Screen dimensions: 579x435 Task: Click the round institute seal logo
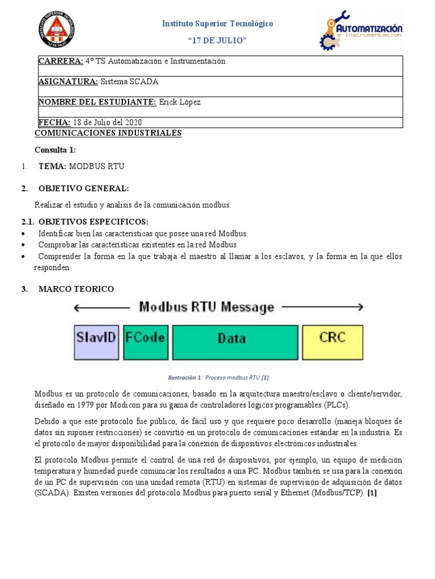pos(57,29)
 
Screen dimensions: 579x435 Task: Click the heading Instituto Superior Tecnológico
pos(217,24)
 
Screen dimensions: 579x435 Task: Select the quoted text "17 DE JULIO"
pos(217,41)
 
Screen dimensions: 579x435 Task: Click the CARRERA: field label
pos(61,61)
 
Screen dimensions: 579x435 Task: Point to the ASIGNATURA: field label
pos(68,81)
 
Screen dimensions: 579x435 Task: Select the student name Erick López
pos(180,102)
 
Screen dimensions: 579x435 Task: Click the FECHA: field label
pos(54,122)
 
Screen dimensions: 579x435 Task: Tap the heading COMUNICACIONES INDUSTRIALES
pos(108,133)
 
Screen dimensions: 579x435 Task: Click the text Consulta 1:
pos(55,150)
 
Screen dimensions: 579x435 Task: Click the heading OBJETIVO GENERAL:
pos(83,188)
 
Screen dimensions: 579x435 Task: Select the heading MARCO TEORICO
pos(76,289)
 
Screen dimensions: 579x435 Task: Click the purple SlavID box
pos(96,342)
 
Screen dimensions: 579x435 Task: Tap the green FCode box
pos(146,342)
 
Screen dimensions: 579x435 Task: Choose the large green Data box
pos(235,342)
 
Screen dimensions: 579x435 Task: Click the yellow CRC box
pos(332,342)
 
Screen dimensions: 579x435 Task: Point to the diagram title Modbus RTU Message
pos(207,308)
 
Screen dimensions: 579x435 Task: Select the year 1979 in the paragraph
pos(86,405)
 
